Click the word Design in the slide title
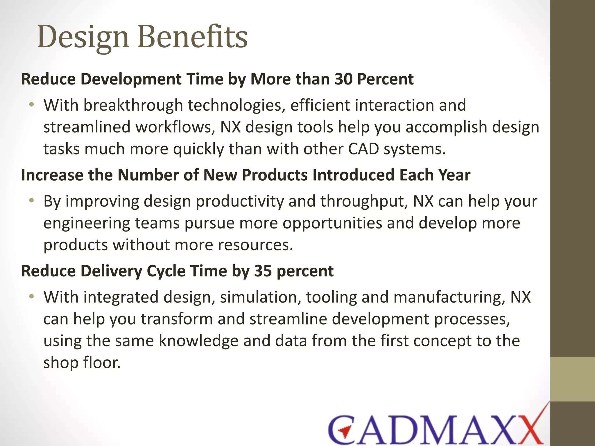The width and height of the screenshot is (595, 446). [83, 37]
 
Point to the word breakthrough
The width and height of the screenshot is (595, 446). [133, 105]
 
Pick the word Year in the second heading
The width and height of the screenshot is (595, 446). [454, 175]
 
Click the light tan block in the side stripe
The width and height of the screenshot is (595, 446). [573, 379]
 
